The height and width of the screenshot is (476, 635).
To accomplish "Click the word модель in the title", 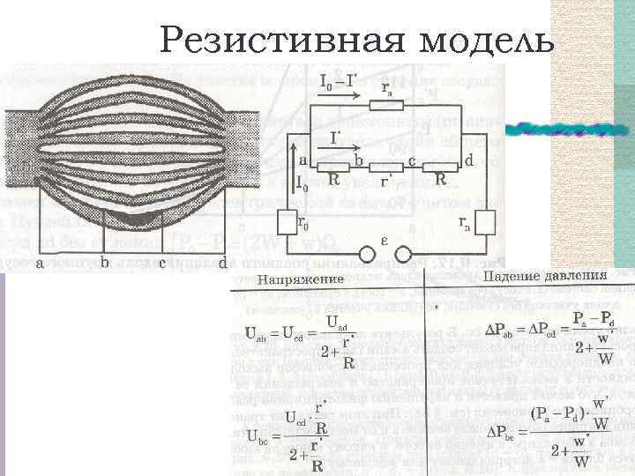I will tap(482, 40).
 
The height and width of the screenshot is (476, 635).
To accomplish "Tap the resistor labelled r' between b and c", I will tap(385, 167).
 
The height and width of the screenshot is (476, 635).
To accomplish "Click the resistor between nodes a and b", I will tap(333, 167).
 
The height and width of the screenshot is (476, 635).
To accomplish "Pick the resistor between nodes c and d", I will tap(440, 167).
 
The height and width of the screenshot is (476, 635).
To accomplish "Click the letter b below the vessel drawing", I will tap(105, 262).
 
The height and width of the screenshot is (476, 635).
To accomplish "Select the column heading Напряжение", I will tap(301, 279).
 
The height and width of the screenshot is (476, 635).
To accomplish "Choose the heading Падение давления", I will tap(545, 276).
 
